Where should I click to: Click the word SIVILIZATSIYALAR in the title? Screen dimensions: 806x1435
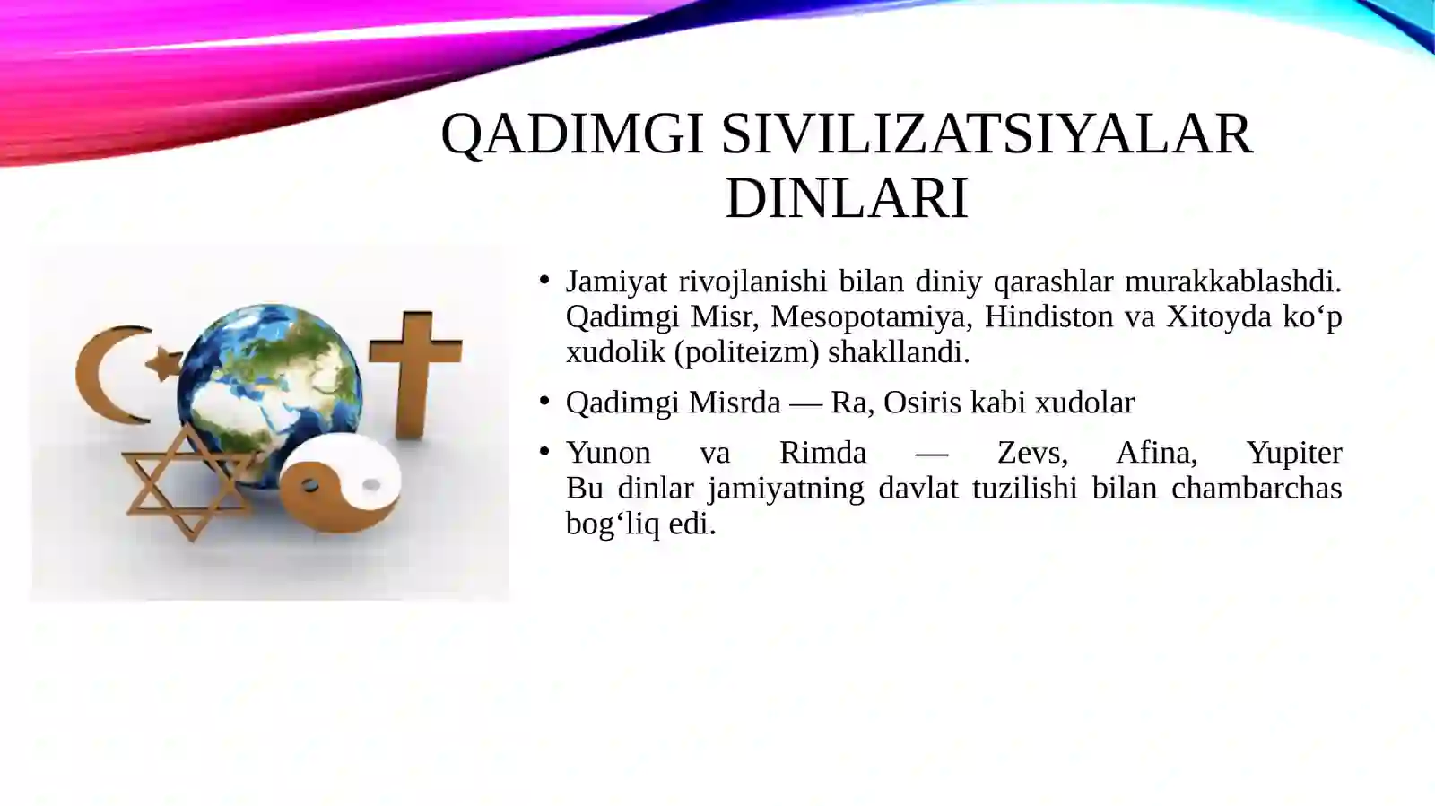[987, 134]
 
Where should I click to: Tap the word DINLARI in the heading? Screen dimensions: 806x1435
[847, 198]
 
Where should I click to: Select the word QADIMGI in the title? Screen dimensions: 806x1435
[572, 134]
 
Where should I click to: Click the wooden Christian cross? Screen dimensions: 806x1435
[415, 368]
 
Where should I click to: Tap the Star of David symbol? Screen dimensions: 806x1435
[188, 484]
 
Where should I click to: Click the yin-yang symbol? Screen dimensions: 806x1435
[341, 484]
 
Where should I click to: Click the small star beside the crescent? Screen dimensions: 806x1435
[165, 363]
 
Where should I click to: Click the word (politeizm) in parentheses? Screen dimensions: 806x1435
[746, 352]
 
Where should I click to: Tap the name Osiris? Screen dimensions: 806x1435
[923, 403]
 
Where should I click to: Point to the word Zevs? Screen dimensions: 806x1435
[1032, 453]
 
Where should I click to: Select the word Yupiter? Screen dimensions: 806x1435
[1293, 453]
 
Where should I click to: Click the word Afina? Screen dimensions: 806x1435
[1156, 453]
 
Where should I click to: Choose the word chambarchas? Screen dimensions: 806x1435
[1256, 489]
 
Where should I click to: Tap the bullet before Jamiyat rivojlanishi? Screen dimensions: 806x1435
[544, 281]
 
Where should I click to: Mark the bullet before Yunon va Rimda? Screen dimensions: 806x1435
[544, 452]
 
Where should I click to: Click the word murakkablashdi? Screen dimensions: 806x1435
[1232, 282]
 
